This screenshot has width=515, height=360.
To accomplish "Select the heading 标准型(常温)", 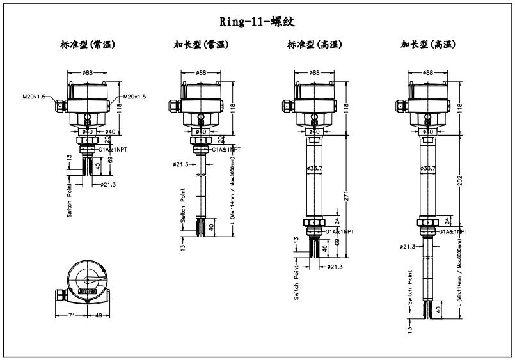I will pos(88,45).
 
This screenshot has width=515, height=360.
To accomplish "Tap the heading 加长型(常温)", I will pos(202,45).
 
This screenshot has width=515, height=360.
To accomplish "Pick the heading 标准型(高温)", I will pos(315,45).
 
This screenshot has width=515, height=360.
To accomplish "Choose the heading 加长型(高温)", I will pos(428,45).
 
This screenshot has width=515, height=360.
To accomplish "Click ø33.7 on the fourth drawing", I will pos(429,169).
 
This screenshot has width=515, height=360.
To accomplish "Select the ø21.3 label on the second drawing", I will pos(181,164).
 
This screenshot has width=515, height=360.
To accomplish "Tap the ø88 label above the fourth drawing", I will pos(427,73).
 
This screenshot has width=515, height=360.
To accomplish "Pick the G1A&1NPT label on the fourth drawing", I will pos(453,231).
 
